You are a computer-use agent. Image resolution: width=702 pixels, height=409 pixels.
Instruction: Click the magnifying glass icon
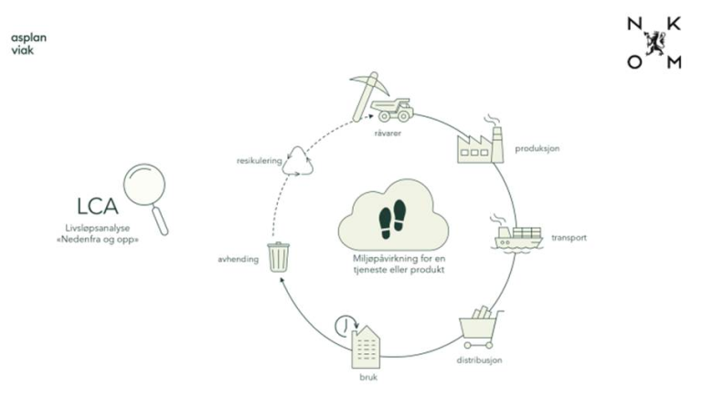point(149,195)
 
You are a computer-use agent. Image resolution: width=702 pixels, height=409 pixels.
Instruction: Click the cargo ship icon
point(517,236)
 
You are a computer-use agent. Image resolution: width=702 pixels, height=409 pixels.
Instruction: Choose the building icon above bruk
point(366,342)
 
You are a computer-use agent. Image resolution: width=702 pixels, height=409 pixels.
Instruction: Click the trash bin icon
point(279,257)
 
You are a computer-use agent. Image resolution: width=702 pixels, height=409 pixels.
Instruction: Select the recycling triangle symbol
point(298,161)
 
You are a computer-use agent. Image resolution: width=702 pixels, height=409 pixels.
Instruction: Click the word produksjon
point(536,149)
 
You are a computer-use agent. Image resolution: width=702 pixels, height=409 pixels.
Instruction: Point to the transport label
point(568,239)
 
